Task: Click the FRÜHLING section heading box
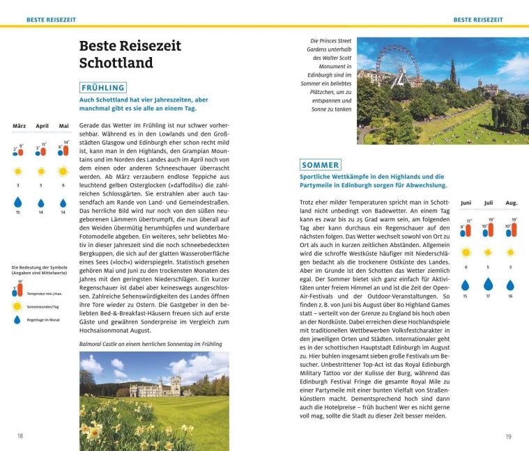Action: (103, 88)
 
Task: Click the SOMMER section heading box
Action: (321, 165)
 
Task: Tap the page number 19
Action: (509, 436)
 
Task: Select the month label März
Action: (19, 126)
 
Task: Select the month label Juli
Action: (488, 203)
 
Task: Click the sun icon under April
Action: (41, 171)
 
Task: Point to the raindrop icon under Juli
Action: (488, 284)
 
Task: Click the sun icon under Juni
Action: (466, 252)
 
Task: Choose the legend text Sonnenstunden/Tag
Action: (43, 306)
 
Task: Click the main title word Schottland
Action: (116, 63)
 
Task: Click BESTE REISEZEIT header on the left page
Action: (50, 20)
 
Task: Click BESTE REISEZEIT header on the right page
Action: (477, 20)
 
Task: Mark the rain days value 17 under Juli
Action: (488, 296)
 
